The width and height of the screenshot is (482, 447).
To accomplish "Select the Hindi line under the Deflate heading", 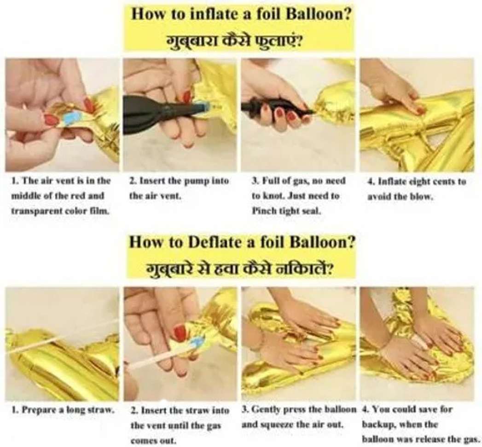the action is [239, 269].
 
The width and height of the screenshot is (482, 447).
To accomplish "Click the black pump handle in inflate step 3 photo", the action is [277, 108].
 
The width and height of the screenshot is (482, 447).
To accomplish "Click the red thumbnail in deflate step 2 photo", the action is [180, 333].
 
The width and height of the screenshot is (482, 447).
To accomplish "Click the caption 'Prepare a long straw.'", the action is [63, 410].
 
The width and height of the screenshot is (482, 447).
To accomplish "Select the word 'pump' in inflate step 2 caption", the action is [195, 182].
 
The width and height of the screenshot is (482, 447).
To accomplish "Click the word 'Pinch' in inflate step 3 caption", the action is [261, 211].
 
